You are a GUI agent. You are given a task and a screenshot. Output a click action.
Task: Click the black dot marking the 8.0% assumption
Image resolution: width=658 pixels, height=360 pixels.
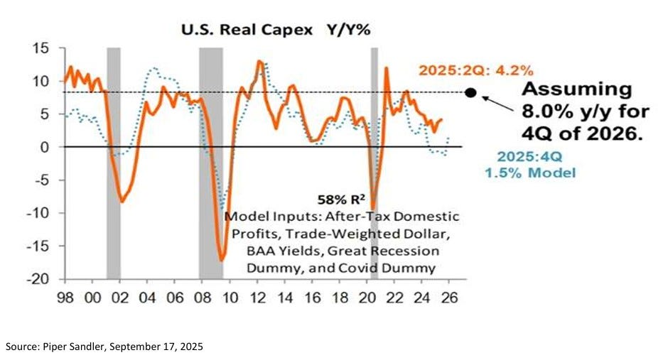point(470,92)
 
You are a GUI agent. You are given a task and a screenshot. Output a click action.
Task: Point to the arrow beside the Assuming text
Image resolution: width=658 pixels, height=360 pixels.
point(497,107)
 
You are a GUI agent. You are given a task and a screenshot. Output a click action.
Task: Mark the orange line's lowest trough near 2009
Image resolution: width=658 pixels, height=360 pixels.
point(222,260)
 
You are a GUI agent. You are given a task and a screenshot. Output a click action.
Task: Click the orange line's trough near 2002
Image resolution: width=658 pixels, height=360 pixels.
point(122,202)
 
